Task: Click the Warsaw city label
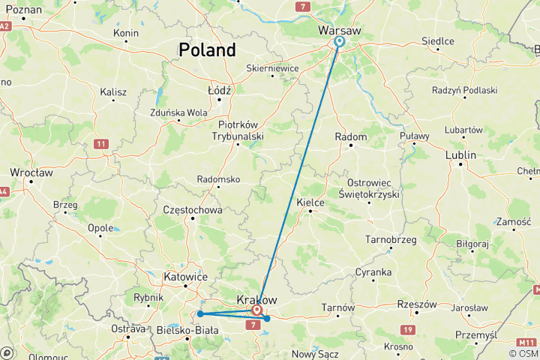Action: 340,30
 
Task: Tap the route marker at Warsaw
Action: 339,42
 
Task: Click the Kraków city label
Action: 256,299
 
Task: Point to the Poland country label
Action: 207,50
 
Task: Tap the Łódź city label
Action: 220,90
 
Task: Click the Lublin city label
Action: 460,155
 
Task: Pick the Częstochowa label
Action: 192,210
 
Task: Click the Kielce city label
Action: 310,202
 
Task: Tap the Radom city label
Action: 352,137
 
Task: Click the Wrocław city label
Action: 31,172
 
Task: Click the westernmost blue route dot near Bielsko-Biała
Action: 200,313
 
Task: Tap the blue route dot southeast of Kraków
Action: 267,319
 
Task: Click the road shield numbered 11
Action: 101,143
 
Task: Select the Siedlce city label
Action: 438,41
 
